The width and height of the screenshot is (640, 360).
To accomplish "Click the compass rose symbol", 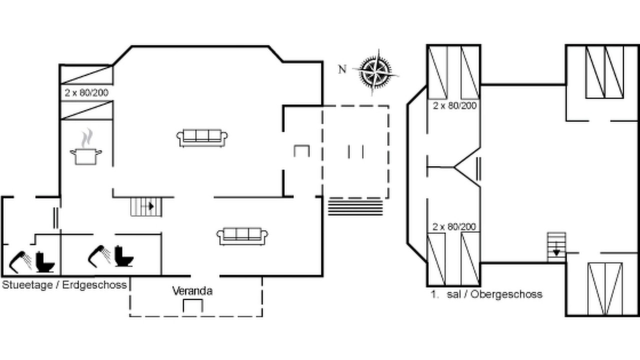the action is click(375, 72).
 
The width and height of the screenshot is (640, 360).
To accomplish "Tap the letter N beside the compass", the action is click(342, 69).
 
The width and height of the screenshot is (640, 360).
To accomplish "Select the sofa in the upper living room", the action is click(202, 138).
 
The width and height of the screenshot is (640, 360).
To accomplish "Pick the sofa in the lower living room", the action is click(242, 236).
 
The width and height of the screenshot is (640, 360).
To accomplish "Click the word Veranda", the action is click(192, 291).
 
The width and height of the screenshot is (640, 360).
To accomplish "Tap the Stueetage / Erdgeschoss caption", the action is click(64, 285).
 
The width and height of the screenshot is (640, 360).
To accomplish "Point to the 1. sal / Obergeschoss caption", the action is click(486, 294).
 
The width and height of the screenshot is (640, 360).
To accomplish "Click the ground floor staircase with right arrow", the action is click(146, 206).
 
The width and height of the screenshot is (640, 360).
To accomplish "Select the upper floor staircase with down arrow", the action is click(556, 247).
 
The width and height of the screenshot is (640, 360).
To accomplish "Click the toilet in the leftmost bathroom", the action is click(45, 261).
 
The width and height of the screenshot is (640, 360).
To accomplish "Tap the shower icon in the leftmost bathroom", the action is click(20, 261).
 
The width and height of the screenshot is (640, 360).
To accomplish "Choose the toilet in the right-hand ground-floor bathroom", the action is click(124, 256).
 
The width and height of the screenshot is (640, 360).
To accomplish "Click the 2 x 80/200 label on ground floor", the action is click(86, 93).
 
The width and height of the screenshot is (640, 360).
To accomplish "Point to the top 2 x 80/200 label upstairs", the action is click(455, 105).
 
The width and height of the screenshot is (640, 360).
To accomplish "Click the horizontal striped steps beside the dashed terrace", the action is click(355, 207).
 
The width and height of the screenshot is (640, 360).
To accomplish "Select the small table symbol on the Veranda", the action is click(193, 305).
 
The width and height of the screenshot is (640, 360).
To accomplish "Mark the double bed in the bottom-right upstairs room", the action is click(605, 289).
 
